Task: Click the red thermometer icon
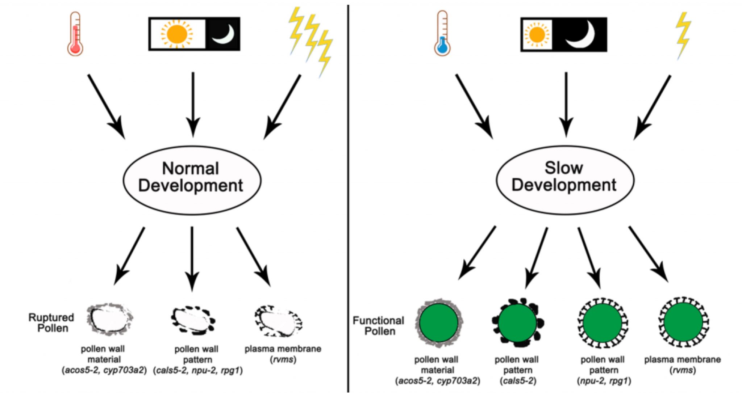tap(75, 34)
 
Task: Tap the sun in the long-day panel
tap(176, 34)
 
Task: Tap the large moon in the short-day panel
tap(581, 35)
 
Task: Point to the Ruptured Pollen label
tap(51, 323)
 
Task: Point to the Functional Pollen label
tap(378, 326)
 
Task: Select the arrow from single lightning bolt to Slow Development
tap(653, 107)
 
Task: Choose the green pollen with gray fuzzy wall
tap(439, 322)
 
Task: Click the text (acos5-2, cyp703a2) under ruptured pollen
tap(104, 370)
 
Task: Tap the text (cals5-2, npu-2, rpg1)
tap(198, 370)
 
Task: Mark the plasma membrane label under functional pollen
tap(682, 360)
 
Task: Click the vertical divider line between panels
tap(348, 195)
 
